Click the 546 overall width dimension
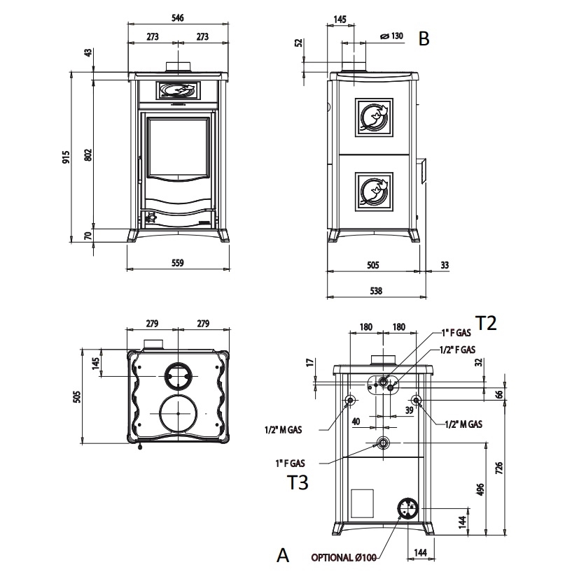pos(178,17)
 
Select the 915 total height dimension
pos(66,157)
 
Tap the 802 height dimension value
pos(88,155)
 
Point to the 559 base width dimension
pos(178,263)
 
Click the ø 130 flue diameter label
pos(391,36)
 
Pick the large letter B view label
pos(424,38)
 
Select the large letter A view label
pos(283,555)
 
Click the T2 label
pos(486,323)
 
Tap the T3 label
pos(298,482)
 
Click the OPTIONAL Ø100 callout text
pos(344,557)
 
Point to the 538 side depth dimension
pos(377,291)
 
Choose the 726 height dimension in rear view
pos(499,468)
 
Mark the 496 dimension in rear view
pos(480,489)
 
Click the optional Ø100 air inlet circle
pos(407,508)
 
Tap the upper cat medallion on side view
pos(374,117)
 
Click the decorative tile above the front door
pos(178,91)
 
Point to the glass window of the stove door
pos(178,148)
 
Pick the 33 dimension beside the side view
pos(445,265)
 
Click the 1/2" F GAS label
pos(457,350)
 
